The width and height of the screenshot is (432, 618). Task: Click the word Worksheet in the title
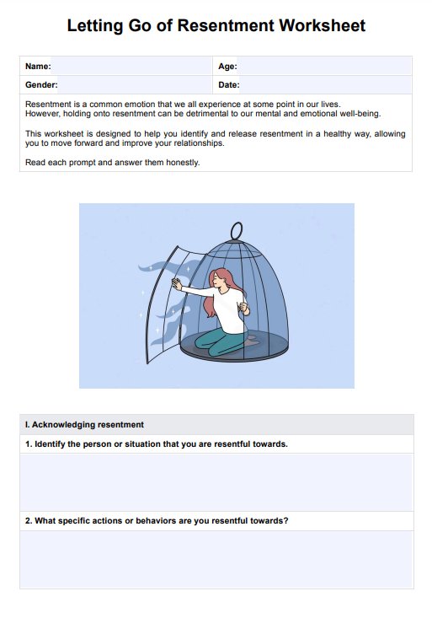(323, 25)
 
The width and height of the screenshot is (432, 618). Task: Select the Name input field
(131, 66)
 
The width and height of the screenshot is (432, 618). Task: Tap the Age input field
(324, 66)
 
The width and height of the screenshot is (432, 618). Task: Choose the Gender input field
(135, 85)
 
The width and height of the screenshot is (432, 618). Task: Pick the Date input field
(326, 85)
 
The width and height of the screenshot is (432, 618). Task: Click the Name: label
(38, 67)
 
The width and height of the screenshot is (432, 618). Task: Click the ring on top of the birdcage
(237, 231)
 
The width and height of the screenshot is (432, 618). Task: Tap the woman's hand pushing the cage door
(177, 284)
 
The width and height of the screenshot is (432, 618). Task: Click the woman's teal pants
(221, 341)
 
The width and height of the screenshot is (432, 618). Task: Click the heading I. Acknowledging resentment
(84, 425)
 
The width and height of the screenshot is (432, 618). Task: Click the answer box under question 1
(216, 482)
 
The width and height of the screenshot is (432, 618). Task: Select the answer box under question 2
(216, 559)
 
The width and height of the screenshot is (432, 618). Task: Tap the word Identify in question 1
(50, 444)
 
